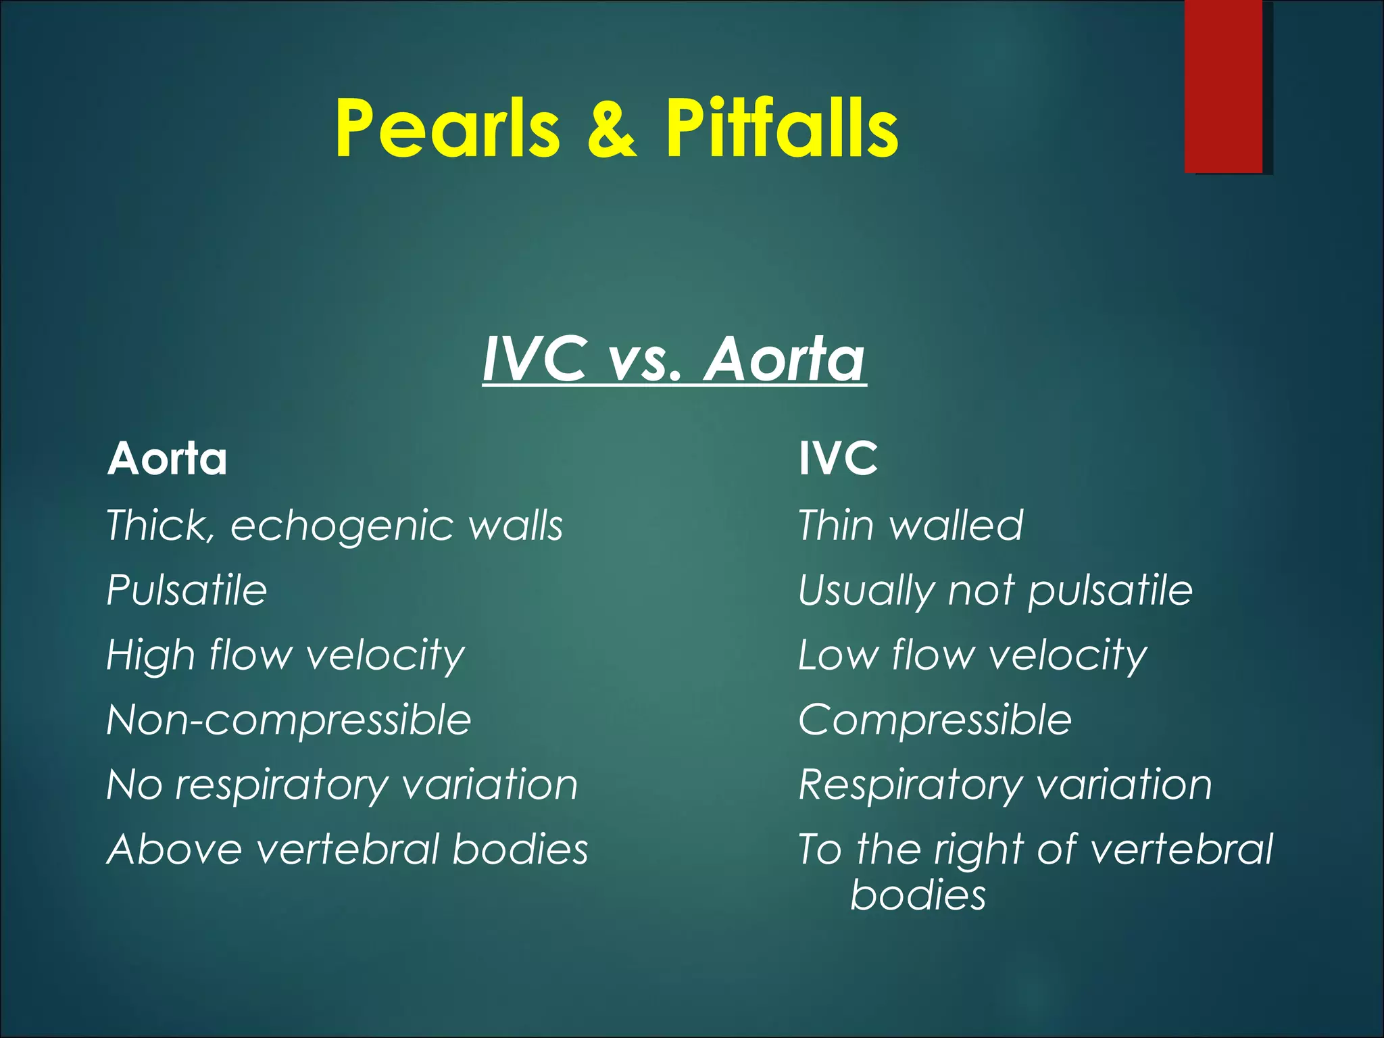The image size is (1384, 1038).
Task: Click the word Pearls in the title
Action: pos(447,128)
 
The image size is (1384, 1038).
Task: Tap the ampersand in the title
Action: pos(611,128)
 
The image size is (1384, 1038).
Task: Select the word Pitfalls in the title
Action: pos(781,128)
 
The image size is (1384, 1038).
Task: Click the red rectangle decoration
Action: pos(1223,86)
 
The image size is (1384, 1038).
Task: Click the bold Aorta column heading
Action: pos(167,459)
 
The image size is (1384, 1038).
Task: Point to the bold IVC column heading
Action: pos(838,459)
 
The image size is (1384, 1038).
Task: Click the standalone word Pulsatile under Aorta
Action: pos(187,590)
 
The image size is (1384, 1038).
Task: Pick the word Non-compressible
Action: pos(289,720)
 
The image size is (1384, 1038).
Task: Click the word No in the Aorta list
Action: pos(134,785)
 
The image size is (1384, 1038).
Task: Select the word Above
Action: pos(174,849)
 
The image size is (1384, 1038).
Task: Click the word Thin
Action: pos(835,525)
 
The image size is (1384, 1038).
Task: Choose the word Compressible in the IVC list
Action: pos(935,720)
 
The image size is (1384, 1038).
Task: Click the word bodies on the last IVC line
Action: pos(918,895)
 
